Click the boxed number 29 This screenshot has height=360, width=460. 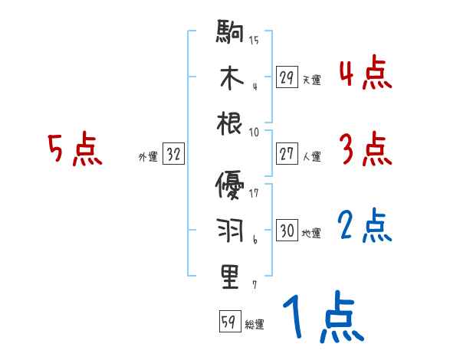(287, 77)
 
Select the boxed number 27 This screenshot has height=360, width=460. (287, 154)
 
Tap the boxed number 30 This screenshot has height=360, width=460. (287, 231)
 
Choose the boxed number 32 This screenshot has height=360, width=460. (173, 155)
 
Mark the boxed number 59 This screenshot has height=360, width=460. (229, 322)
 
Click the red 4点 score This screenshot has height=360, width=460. (364, 75)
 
